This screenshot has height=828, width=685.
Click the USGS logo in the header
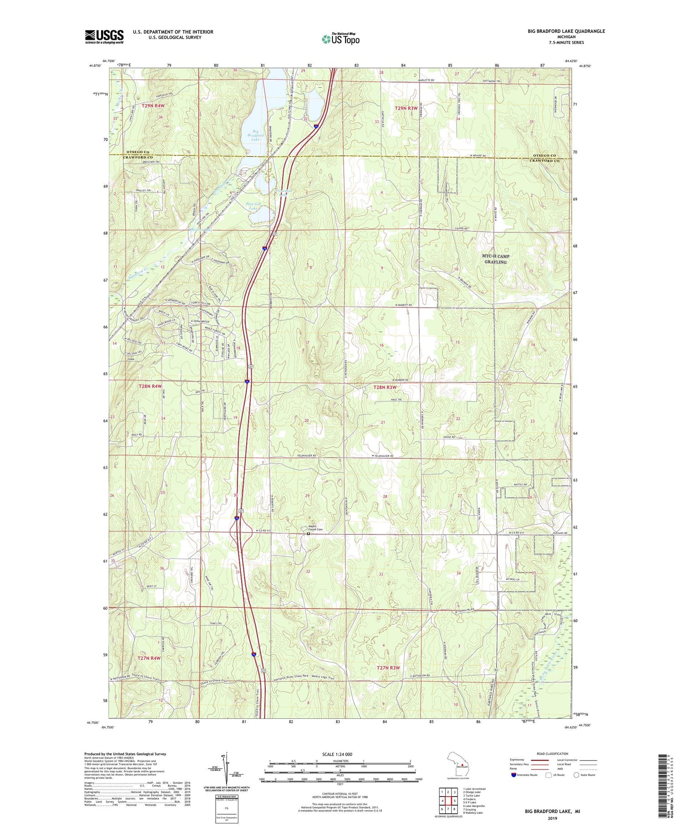coord(104,37)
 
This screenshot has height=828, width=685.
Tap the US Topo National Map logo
coord(340,39)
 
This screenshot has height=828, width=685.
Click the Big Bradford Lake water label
coord(256,135)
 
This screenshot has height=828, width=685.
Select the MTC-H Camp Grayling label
coord(495,259)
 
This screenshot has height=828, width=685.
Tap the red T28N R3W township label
coord(385,387)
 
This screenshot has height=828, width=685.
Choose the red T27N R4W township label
coord(149,658)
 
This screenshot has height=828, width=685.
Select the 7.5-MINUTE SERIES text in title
coord(566,42)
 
